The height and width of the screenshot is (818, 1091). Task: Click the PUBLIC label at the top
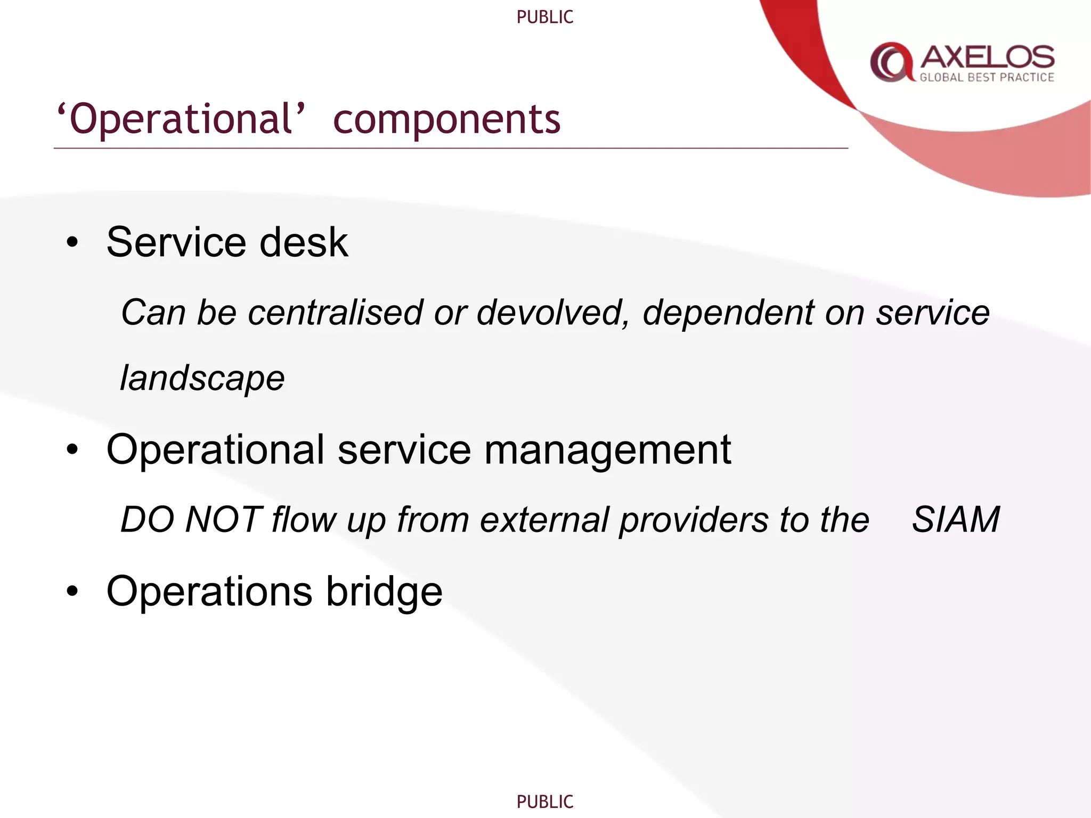(x=544, y=17)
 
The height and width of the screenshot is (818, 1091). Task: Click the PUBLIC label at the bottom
(x=544, y=801)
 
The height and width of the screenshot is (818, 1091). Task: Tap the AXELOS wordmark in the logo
(x=987, y=57)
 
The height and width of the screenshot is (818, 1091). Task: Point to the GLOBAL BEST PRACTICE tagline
(x=987, y=78)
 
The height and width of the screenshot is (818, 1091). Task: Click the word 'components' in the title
(x=446, y=119)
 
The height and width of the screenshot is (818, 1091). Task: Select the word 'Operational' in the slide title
(x=181, y=119)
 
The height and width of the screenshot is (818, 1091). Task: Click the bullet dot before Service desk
(x=72, y=243)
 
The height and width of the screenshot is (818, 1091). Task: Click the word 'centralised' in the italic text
(x=336, y=312)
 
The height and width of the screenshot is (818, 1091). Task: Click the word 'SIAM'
(x=956, y=519)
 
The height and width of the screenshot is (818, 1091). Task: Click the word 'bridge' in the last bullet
(x=384, y=592)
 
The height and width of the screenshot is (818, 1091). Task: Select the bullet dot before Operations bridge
(x=72, y=591)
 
